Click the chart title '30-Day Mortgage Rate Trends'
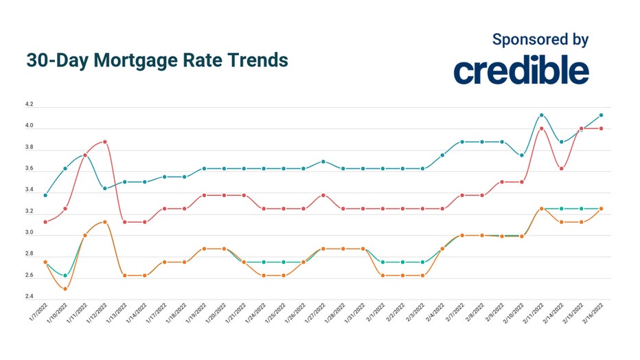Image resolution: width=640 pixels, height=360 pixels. (157, 60)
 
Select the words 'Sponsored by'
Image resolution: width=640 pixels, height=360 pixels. (540, 39)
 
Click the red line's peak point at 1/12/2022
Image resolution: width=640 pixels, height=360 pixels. (105, 142)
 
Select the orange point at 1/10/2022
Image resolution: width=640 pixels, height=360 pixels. (65, 289)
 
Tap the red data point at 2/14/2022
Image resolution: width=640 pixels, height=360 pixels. (562, 168)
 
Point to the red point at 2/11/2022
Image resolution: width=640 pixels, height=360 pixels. (542, 128)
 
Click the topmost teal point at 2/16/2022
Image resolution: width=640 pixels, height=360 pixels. (602, 115)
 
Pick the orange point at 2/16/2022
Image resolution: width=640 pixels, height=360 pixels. (602, 208)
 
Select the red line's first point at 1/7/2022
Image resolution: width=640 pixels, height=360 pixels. (45, 222)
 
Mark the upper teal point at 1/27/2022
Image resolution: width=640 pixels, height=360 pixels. (323, 161)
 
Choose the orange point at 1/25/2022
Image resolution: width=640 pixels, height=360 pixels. (284, 275)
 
